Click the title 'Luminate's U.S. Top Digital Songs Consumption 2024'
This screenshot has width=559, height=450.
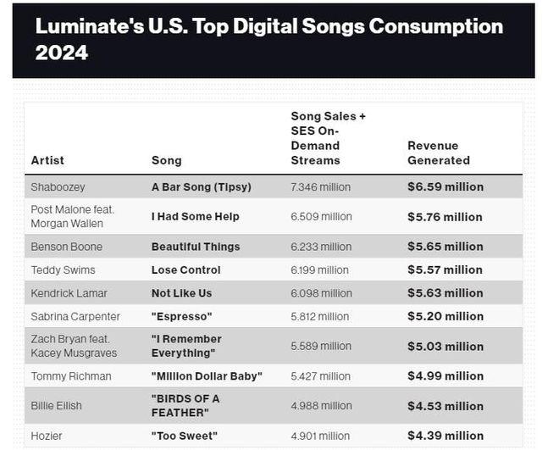tap(269, 39)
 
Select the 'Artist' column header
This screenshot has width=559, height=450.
tap(47, 160)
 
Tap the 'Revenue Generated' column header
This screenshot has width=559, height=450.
tap(439, 153)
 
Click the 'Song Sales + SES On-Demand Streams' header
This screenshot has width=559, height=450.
tap(329, 137)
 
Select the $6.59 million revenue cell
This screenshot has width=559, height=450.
tap(446, 186)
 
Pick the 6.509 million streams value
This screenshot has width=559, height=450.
tap(321, 216)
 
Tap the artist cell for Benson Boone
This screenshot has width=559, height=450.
tap(67, 247)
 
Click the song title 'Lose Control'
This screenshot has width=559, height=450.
tap(186, 269)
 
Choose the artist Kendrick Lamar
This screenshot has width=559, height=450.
tap(72, 292)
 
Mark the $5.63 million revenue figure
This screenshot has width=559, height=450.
tap(446, 292)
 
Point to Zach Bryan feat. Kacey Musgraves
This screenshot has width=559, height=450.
tap(74, 346)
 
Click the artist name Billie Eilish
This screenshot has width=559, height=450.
tap(57, 405)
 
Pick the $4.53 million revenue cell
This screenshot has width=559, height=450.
tap(446, 405)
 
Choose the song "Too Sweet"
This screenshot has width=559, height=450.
tap(184, 436)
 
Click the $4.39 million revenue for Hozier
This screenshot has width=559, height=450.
tap(446, 436)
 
